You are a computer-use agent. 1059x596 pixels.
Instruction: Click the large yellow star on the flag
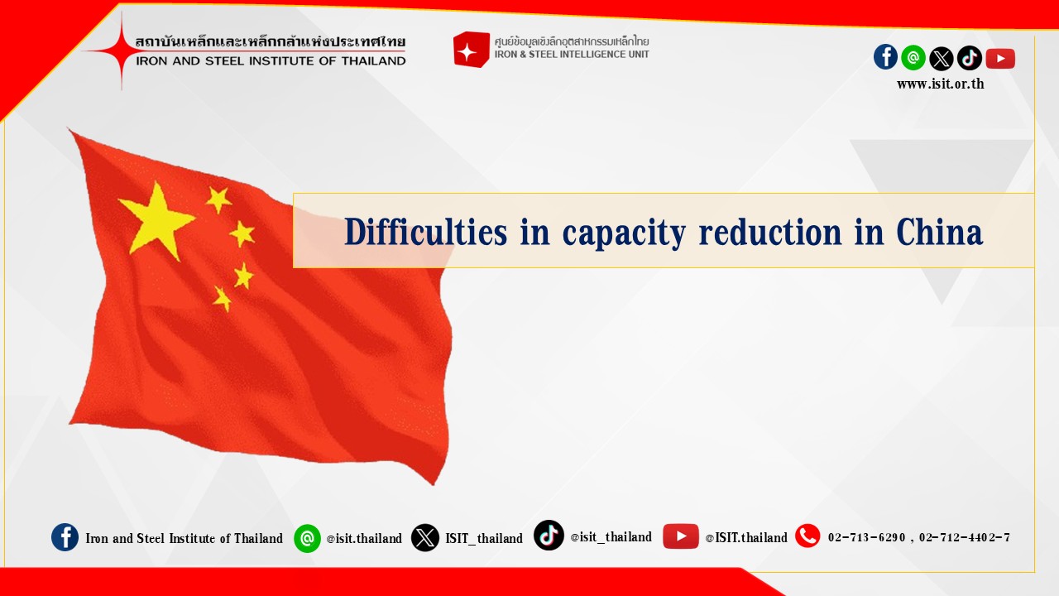coord(157,221)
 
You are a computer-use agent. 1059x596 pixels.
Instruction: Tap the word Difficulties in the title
coord(425,232)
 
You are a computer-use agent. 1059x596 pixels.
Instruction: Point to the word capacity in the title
coord(624,234)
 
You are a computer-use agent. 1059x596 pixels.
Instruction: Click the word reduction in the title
coord(770,232)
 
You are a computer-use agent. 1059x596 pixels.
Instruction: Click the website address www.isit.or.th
coord(941,84)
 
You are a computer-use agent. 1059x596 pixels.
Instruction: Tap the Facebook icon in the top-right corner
coord(885,57)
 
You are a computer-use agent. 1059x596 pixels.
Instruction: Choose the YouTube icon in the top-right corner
coord(1000,59)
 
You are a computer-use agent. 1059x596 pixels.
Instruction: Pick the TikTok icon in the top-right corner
coord(969,58)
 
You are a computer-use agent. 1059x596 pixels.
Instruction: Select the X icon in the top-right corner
coord(942,59)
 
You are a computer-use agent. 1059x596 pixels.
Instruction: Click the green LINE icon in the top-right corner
coord(913,58)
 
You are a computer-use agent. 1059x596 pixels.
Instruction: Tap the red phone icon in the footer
coord(807,536)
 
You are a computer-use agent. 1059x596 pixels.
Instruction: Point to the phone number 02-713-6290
coord(866,537)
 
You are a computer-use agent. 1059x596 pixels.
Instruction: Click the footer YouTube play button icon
coord(680,536)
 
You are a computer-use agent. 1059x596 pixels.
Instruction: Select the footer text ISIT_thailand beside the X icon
coord(484,538)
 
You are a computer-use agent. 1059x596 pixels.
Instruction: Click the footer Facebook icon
coord(65,537)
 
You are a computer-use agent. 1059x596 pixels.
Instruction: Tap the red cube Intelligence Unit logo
coord(471,49)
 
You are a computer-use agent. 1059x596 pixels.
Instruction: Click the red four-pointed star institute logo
coord(121,50)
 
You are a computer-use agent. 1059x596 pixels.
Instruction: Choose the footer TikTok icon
coord(549,535)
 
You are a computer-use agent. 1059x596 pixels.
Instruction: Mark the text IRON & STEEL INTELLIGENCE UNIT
coord(572,55)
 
